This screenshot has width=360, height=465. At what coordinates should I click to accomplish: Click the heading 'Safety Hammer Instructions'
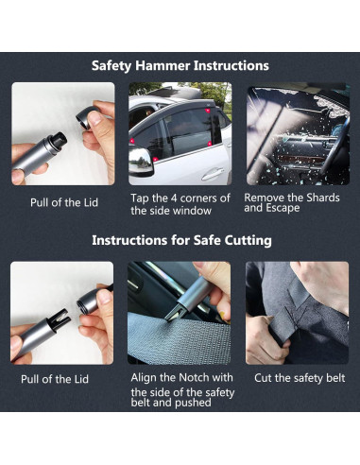180,66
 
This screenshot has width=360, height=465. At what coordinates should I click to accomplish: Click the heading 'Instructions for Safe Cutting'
180,240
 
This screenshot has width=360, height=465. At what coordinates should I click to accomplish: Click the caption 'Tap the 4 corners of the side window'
180,203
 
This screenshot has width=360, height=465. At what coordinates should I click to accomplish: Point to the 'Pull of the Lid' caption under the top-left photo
61,202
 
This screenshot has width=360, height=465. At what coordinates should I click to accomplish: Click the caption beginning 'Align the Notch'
180,388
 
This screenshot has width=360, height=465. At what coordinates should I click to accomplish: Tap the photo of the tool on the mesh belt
180,312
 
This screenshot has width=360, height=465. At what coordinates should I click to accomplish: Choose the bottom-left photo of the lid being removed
62,312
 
